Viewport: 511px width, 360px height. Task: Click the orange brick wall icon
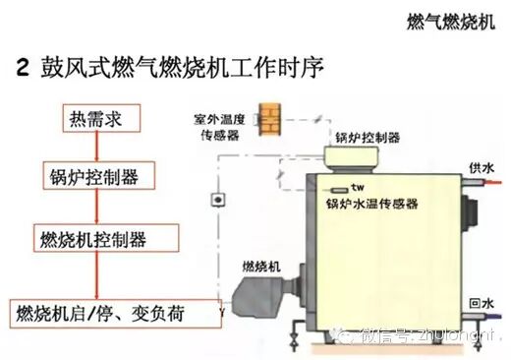[269, 115]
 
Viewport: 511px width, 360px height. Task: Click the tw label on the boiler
[357, 187]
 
